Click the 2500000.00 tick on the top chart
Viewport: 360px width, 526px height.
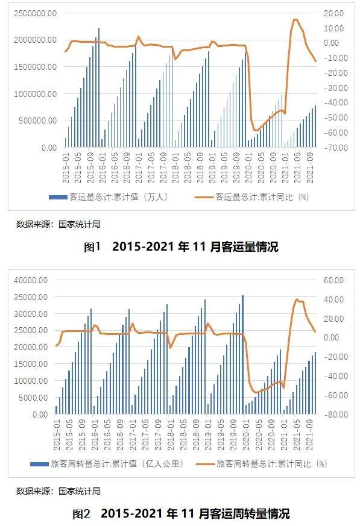click(33, 13)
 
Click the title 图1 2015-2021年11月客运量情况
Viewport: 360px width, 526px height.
click(180, 246)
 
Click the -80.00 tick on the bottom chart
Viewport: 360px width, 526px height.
click(333, 415)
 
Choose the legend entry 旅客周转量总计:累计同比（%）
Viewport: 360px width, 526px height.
click(271, 464)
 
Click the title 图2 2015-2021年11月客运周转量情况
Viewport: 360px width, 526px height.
click(180, 514)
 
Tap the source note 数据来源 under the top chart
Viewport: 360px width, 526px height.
click(58, 224)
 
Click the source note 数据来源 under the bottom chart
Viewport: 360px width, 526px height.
click(58, 491)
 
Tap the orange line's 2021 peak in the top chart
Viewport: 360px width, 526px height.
click(295, 20)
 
